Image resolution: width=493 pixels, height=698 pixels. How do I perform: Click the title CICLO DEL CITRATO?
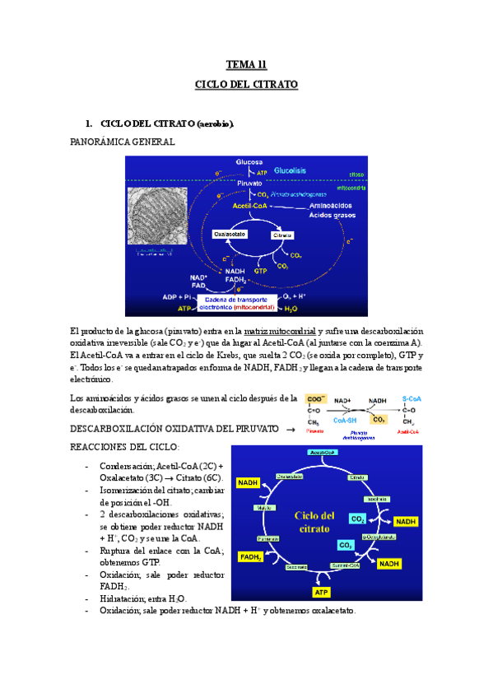tap(246, 84)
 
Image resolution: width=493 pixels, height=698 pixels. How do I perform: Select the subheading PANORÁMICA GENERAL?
tap(123, 142)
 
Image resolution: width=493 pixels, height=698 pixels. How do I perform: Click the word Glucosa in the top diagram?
tap(249, 162)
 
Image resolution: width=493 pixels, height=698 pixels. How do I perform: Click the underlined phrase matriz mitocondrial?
tap(280, 329)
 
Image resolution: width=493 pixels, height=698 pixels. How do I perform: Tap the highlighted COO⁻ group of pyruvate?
tap(314, 401)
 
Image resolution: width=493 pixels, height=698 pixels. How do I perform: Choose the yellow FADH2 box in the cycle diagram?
tap(250, 557)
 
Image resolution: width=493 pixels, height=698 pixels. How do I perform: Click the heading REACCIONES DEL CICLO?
tap(125, 446)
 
